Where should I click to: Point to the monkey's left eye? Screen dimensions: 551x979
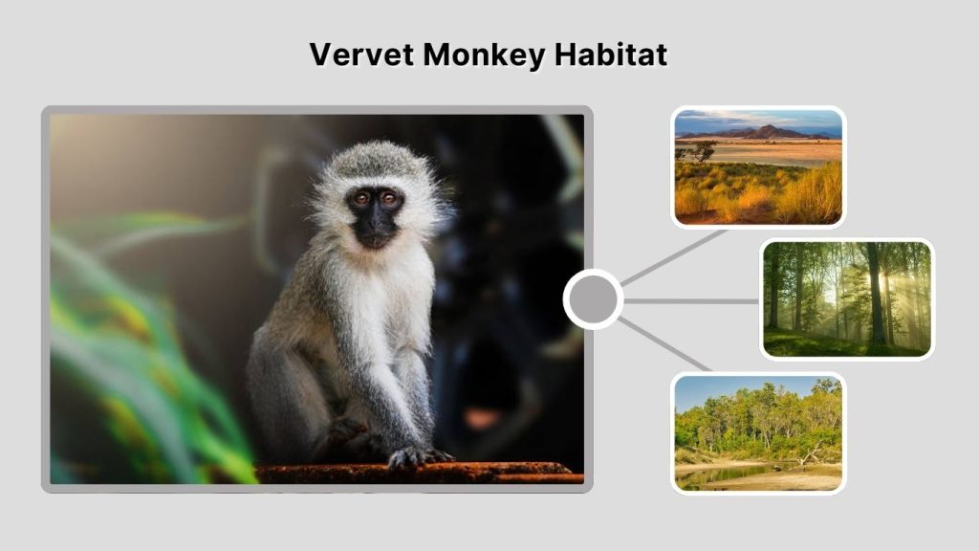389,199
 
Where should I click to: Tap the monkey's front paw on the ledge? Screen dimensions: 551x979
417,456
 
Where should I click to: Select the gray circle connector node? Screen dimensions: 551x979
593,299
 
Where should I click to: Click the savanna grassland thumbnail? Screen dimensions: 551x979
758,166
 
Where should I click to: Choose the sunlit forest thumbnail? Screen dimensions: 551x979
847,298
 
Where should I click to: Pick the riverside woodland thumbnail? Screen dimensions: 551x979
758,432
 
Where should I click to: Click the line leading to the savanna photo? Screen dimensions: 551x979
674,257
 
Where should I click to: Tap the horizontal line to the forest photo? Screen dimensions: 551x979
690,300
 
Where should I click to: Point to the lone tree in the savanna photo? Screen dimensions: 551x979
703,149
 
